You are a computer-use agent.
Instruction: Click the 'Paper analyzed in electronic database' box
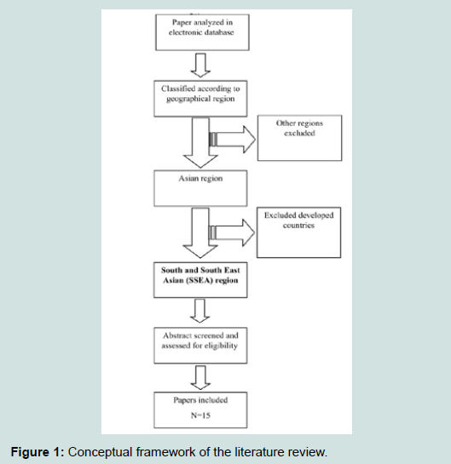coord(202,32)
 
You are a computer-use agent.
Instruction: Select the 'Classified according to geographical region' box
coord(200,99)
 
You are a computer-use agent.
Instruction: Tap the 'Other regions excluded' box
coord(299,138)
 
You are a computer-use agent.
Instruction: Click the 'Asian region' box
coord(200,188)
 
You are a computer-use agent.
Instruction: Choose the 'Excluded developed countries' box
coord(298,232)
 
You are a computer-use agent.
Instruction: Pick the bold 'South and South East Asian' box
coord(200,280)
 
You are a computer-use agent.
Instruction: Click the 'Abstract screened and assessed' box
coord(200,346)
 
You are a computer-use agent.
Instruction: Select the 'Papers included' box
coord(200,410)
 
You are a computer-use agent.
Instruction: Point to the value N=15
coord(200,415)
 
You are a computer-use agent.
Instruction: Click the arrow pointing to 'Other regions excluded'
coord(233,140)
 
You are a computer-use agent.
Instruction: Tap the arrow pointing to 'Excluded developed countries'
coord(232,232)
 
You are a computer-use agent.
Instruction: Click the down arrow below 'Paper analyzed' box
coord(200,66)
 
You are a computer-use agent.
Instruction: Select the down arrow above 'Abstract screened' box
coord(200,311)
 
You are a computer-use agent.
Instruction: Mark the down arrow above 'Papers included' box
coord(200,378)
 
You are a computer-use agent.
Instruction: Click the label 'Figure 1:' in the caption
coord(38,452)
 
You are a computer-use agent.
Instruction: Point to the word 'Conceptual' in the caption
coord(100,452)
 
